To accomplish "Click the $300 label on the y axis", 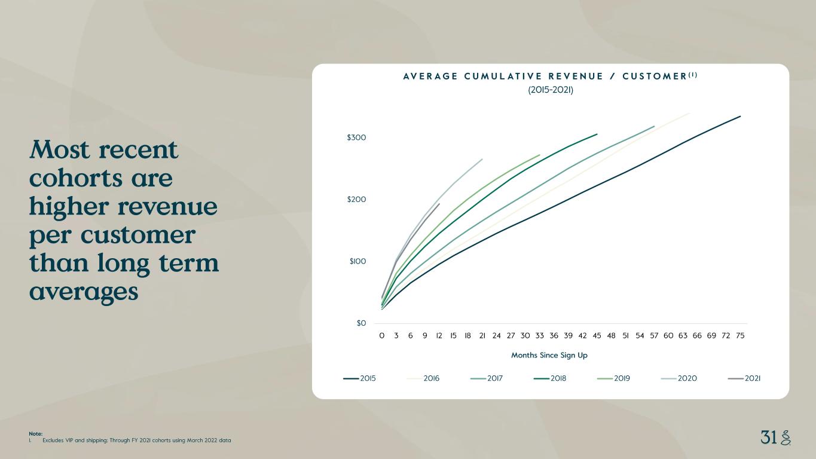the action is [x=356, y=137].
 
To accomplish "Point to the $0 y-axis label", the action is [x=361, y=323].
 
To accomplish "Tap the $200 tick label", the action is [x=356, y=199].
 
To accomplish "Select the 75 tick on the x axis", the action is [x=740, y=335].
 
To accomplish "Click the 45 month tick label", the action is [x=597, y=335].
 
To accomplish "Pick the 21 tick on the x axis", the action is [x=482, y=335].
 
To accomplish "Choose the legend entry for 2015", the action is [x=359, y=378].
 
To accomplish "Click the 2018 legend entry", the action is [x=550, y=378].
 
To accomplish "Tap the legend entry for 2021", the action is [x=744, y=378].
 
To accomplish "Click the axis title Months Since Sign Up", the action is [x=549, y=355].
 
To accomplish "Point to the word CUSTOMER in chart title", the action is [x=655, y=76].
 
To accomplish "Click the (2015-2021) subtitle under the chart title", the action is [x=551, y=90].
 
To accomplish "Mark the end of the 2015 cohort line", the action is [x=740, y=116].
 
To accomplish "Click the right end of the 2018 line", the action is [x=597, y=134].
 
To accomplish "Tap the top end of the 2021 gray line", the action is [x=439, y=204].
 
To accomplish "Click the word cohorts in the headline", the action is [x=76, y=179].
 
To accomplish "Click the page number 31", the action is [x=769, y=437].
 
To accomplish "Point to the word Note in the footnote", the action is [x=35, y=434].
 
